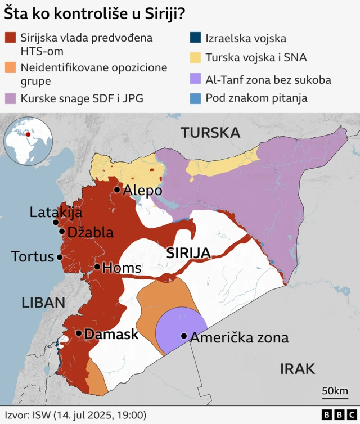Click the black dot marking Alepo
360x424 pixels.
pos(117,190)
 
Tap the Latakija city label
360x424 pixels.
pos(56,213)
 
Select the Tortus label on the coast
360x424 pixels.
pos(31,257)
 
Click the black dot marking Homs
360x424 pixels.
pos(97,267)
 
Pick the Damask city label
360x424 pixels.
pos(111,334)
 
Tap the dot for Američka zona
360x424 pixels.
pos(183,336)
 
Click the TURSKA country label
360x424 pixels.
pos(210,133)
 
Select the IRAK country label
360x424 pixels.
pos(297,368)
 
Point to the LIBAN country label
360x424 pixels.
pos(43,302)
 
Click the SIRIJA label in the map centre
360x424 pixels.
pos(188,253)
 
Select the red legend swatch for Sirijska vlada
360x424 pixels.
pos(10,38)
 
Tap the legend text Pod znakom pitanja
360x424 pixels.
pos(256,98)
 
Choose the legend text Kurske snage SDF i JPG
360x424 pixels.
pos(82,98)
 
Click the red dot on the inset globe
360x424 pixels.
pos(28,134)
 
